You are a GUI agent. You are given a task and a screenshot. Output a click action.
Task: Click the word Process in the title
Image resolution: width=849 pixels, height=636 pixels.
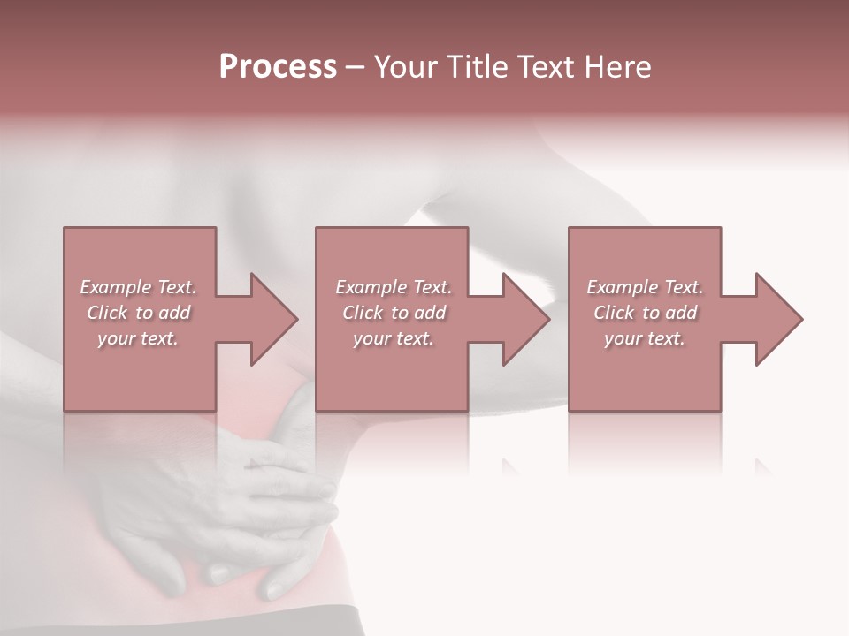[x=278, y=67]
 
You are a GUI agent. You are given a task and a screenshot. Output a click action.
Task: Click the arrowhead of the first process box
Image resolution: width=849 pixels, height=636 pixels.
[x=273, y=319]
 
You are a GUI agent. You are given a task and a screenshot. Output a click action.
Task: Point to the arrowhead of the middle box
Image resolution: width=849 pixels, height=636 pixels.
[x=526, y=319]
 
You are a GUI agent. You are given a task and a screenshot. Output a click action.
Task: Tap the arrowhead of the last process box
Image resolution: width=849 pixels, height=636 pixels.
[x=778, y=319]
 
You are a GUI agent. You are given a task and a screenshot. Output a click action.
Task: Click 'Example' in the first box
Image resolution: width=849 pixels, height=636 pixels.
[x=115, y=287]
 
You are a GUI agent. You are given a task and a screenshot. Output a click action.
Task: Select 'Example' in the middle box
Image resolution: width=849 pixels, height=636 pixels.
[x=371, y=287]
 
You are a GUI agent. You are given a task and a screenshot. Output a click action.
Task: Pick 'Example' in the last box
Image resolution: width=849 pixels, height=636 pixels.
[x=622, y=287]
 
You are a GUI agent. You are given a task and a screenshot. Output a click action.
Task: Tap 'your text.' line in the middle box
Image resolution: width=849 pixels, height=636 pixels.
[x=394, y=338]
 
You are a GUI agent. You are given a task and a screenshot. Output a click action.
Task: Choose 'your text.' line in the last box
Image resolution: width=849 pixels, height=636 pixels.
[x=645, y=338]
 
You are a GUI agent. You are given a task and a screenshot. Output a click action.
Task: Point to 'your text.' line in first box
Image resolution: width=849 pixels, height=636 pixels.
[x=138, y=338]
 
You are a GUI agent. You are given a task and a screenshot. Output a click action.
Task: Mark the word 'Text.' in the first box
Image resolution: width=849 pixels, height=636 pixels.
[x=177, y=287]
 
